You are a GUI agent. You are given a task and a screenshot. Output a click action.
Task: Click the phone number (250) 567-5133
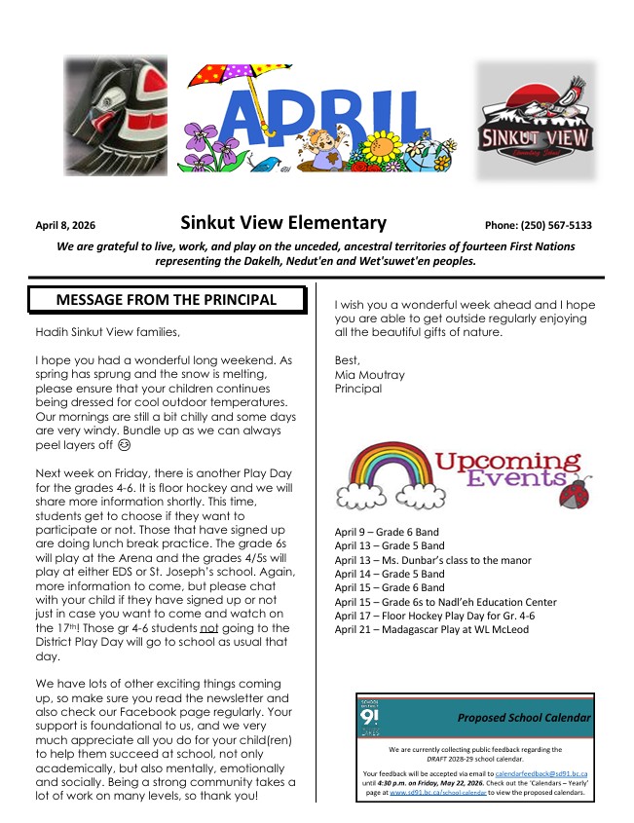tap(538, 225)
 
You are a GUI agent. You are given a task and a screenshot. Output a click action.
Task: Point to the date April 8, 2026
tap(65, 225)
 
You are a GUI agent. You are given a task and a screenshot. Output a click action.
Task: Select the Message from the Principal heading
tap(167, 300)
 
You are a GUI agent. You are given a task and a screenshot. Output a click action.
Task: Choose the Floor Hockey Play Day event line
tap(434, 616)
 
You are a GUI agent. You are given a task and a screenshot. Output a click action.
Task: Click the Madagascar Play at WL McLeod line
tap(431, 629)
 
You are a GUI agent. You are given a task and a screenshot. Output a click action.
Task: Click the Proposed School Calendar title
tap(524, 718)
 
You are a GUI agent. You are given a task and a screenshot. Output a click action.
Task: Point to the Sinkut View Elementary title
tap(283, 223)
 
